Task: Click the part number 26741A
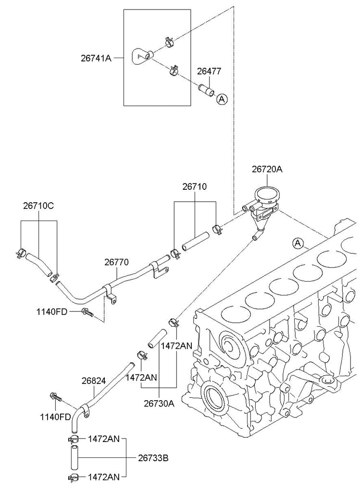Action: pos(96,58)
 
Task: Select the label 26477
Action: pos(209,71)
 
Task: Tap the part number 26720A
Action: pos(267,169)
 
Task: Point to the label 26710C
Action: pos(38,206)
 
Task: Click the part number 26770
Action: pos(116,262)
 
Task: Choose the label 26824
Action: pos(94,381)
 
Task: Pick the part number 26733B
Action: pos(153,458)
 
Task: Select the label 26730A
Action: pos(159,403)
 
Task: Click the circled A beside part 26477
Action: pos(222,99)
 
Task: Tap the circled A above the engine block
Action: pos(298,243)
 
